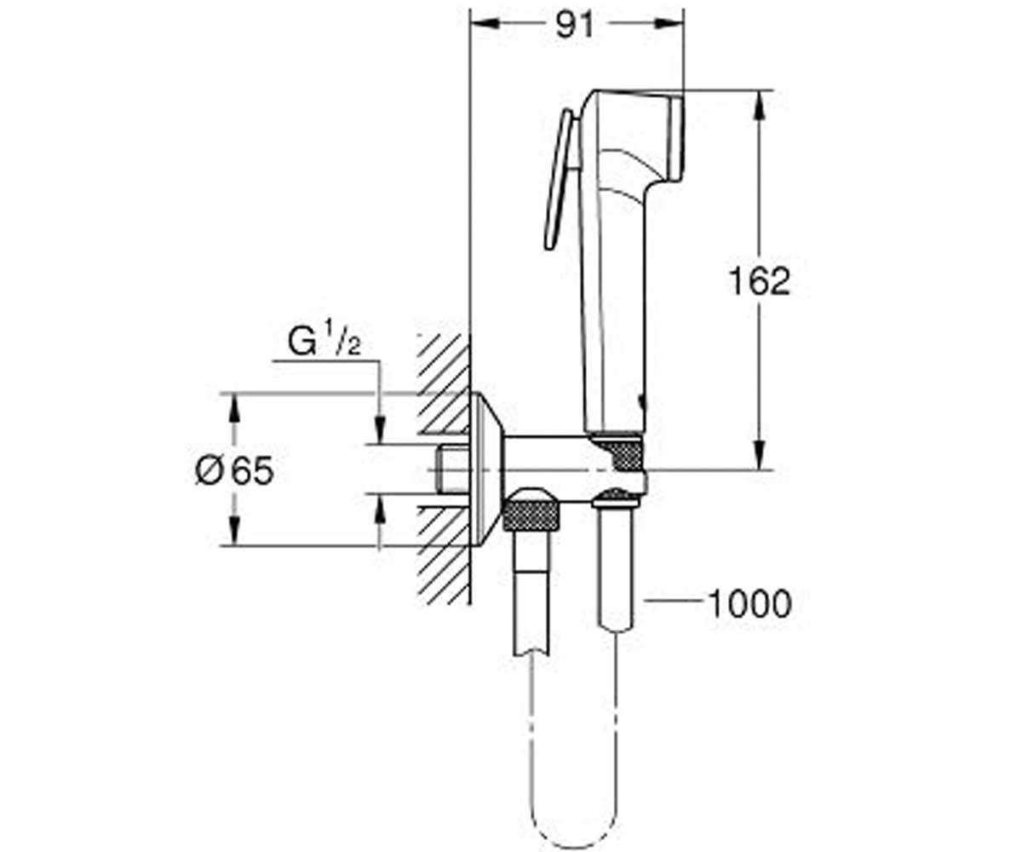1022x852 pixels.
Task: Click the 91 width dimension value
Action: point(575,25)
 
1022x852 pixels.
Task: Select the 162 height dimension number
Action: point(759,281)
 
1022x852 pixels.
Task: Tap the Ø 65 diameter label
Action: point(234,471)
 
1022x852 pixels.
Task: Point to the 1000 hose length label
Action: point(749,604)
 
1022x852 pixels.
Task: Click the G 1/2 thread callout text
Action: point(324,342)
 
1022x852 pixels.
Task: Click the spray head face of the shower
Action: point(677,138)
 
